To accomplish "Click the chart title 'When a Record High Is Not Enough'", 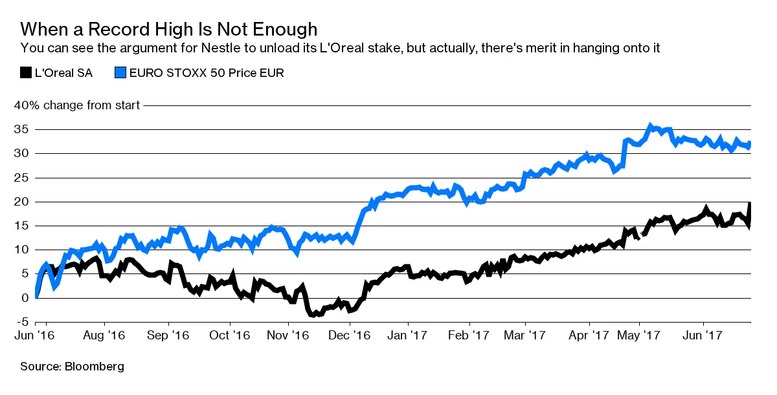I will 169,29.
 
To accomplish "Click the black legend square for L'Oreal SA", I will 26,72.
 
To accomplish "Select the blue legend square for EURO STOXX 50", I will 120,72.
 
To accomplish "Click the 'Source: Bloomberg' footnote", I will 72,367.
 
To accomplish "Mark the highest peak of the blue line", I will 650,125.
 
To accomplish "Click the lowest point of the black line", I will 313,315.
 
